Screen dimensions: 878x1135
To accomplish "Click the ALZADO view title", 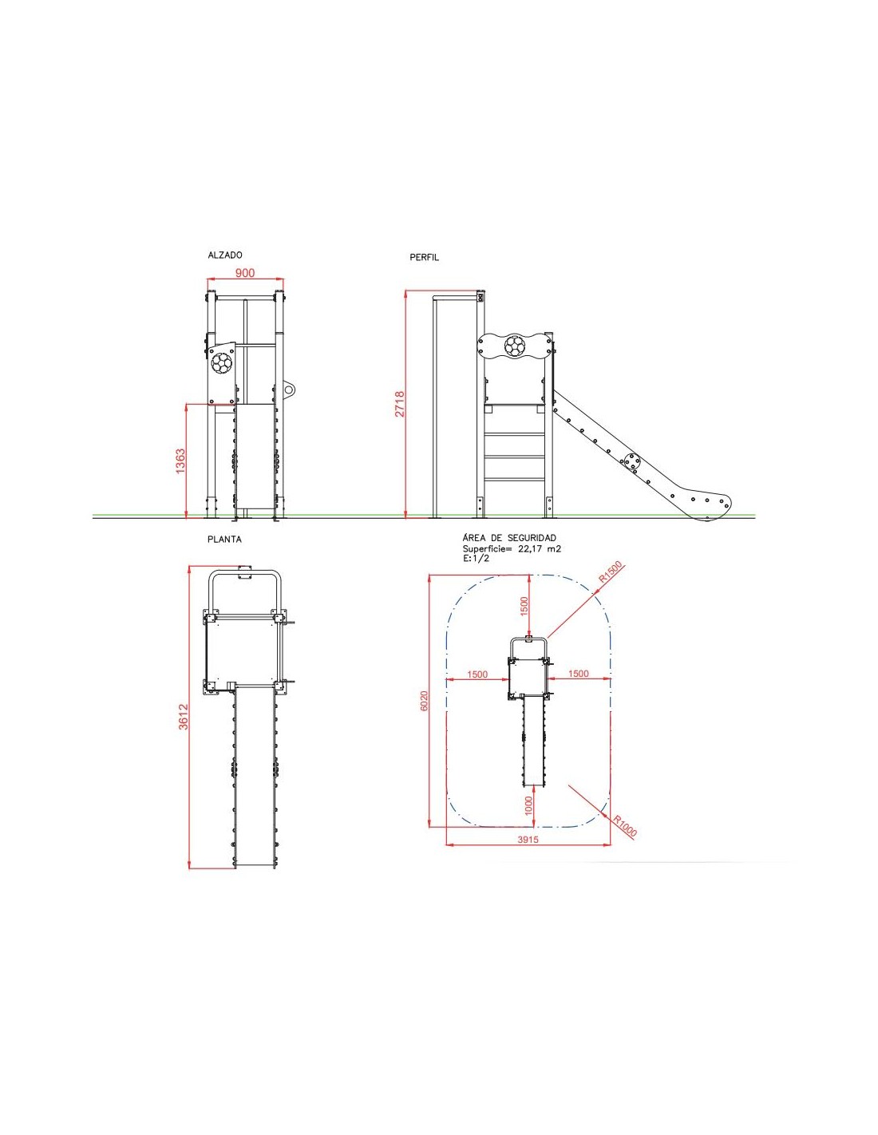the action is (225, 255).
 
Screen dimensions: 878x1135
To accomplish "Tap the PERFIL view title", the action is (424, 258).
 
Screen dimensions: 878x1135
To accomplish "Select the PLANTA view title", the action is (224, 539).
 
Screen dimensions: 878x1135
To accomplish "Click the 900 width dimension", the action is (245, 273).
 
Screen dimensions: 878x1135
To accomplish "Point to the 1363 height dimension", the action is (180, 461).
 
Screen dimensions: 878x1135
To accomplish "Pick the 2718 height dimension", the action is (400, 404).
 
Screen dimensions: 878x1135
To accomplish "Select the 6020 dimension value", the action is (424, 701).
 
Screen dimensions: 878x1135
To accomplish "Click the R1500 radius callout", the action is (611, 572).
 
